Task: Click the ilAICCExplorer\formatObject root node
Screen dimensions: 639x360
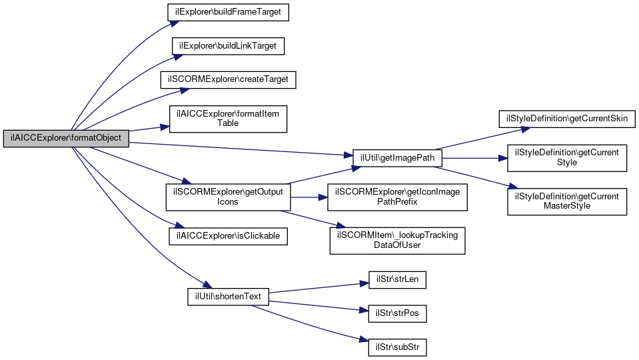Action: point(66,139)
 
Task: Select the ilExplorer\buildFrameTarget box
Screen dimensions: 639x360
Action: point(228,12)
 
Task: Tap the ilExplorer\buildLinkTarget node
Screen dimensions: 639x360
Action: point(228,46)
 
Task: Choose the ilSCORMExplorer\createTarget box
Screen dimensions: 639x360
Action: point(228,79)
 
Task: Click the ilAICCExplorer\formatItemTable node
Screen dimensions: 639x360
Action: point(228,119)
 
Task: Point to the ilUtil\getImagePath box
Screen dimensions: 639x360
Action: point(397,158)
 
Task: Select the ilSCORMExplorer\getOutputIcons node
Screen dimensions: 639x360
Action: point(228,197)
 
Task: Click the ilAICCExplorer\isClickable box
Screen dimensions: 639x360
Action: point(228,237)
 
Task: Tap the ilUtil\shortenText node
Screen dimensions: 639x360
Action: point(228,297)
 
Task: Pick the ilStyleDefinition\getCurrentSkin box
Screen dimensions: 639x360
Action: point(567,119)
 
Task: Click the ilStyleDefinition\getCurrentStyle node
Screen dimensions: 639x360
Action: point(567,158)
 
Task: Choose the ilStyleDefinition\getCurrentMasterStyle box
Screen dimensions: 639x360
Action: point(567,202)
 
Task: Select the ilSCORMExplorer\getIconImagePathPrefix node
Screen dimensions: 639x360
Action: point(397,197)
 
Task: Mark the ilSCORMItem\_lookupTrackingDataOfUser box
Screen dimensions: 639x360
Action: point(397,241)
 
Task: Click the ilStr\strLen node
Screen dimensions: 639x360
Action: point(397,280)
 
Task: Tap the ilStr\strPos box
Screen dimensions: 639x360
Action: point(397,314)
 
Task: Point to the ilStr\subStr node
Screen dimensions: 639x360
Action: point(397,348)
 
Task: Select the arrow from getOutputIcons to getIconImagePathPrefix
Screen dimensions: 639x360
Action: point(309,197)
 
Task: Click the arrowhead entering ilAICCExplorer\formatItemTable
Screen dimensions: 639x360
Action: point(165,127)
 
